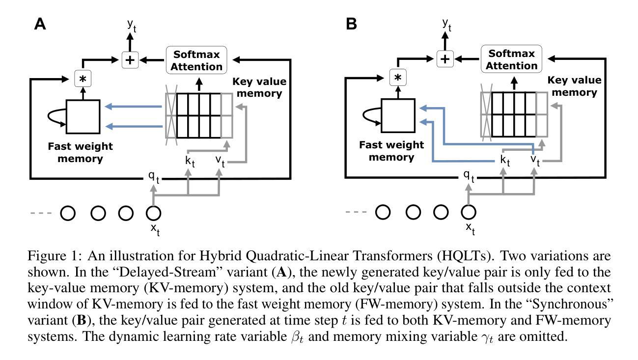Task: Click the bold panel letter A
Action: click(40, 24)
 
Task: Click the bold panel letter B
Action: click(351, 24)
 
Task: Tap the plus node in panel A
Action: click(130, 60)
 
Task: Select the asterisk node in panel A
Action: click(83, 79)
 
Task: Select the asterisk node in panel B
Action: click(398, 78)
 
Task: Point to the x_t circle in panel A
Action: click(154, 213)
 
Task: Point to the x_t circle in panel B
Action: click(469, 212)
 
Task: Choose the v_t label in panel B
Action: click(535, 160)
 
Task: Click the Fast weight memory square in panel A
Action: click(83, 116)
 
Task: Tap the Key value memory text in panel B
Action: click(574, 86)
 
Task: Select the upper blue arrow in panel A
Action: click(135, 106)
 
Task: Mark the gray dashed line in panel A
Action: click(40, 213)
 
